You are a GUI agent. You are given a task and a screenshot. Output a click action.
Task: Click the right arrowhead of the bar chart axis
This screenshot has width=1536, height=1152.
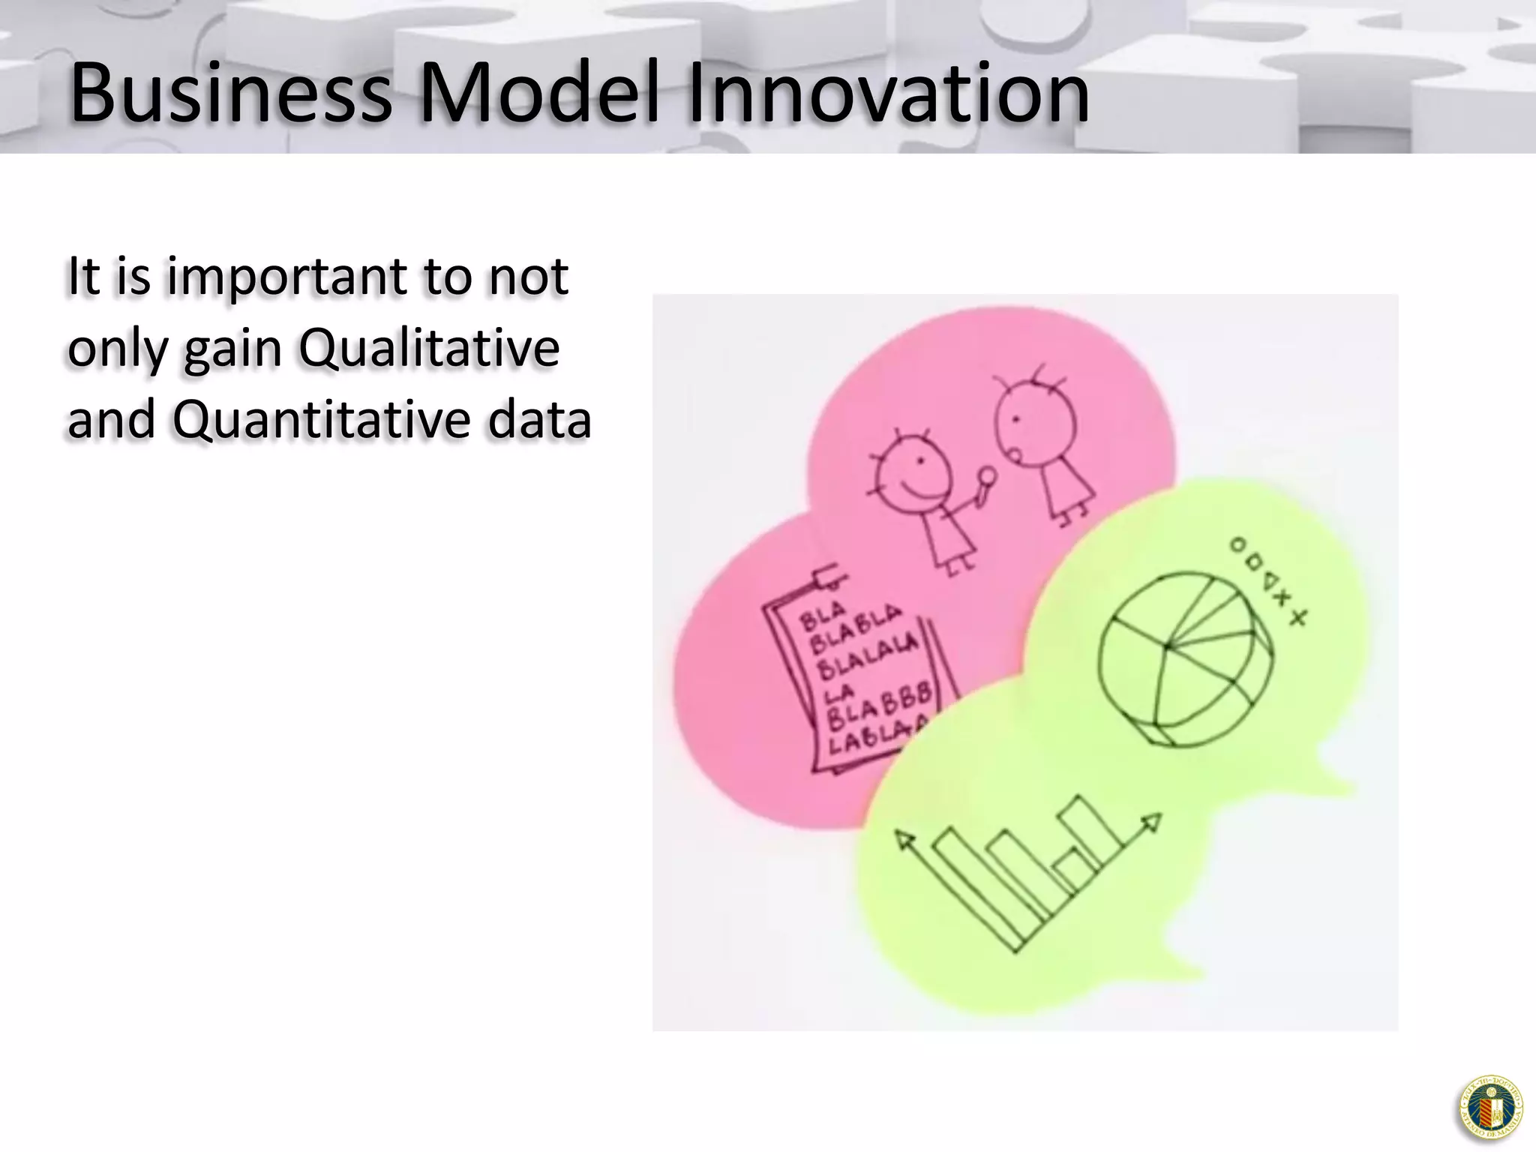(1153, 822)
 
